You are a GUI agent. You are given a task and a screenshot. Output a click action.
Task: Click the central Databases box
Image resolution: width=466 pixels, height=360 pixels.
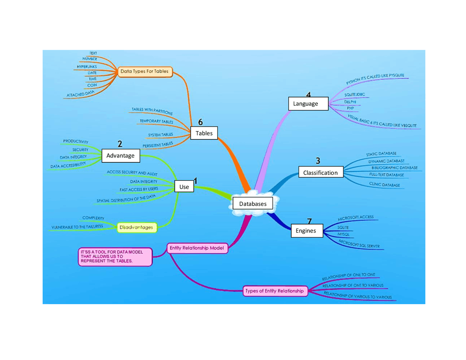253,204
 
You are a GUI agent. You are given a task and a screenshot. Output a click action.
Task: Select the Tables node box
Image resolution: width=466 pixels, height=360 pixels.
204,133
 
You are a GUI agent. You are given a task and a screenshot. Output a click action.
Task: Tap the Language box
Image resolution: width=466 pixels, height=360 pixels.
308,104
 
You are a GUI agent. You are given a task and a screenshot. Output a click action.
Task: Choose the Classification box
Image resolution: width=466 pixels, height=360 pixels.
320,173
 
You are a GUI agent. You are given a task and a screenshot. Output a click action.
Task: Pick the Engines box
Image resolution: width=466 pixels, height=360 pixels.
307,231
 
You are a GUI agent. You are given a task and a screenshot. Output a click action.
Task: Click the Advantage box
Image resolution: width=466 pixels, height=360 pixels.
121,156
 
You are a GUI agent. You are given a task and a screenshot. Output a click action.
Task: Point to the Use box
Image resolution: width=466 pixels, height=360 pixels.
184,187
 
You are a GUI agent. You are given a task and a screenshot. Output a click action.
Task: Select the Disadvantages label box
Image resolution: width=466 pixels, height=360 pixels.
137,228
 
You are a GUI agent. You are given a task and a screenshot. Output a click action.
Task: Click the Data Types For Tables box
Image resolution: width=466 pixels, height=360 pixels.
145,71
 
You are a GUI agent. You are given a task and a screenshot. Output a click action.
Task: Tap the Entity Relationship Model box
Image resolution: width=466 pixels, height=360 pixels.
197,248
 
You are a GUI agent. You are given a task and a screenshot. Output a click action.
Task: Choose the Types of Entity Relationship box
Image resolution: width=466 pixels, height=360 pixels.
275,291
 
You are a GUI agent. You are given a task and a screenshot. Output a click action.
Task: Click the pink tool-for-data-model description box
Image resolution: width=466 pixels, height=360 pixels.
115,257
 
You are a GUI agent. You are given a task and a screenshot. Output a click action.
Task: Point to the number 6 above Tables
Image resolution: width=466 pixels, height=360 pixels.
200,122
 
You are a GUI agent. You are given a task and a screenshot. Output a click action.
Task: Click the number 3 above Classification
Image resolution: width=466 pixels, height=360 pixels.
318,161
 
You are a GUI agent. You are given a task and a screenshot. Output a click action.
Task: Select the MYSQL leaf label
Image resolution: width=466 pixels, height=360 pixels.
343,234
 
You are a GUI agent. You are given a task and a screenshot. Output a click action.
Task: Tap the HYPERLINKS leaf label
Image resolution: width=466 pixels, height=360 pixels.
87,67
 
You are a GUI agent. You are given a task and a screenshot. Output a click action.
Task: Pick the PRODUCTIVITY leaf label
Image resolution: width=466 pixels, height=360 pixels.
76,141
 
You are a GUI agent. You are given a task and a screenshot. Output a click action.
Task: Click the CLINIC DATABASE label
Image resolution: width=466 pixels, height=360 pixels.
384,185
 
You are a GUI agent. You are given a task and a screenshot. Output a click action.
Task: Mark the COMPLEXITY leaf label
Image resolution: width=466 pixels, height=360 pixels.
93,218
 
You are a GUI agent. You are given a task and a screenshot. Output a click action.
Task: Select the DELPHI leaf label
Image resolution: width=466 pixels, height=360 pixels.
350,102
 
